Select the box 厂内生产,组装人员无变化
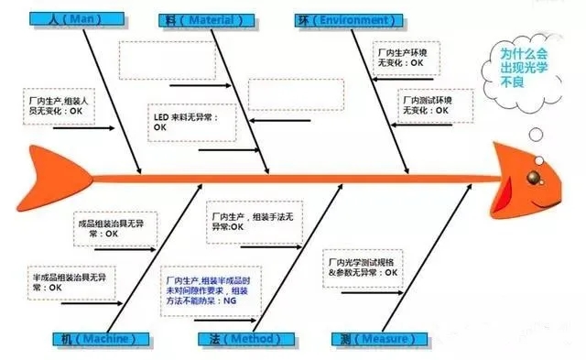(61, 104)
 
